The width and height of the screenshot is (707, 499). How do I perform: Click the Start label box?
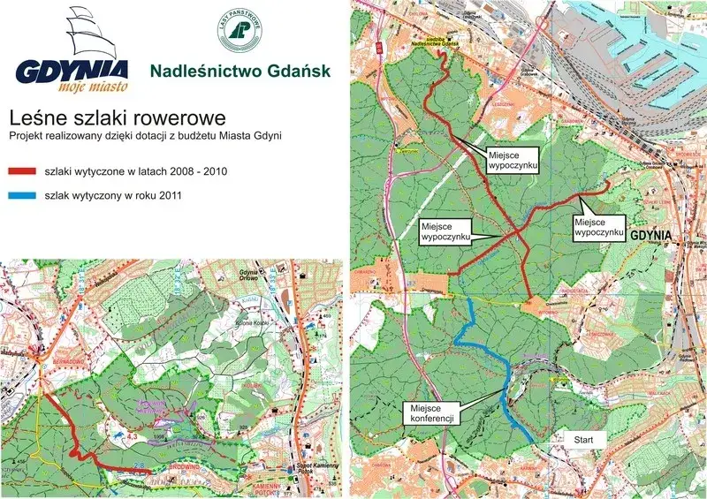(584, 438)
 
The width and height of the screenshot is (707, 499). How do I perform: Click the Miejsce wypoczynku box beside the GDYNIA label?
(598, 226)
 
